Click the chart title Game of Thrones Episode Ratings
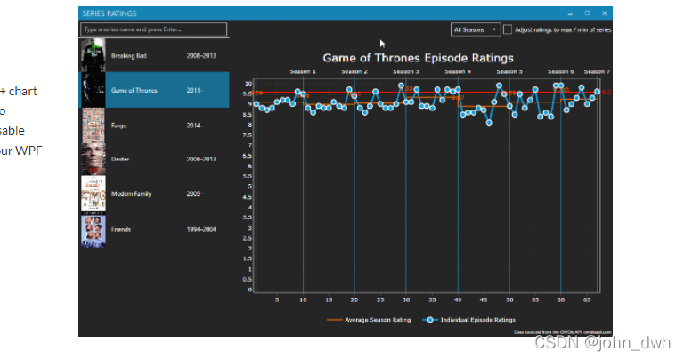coord(418,58)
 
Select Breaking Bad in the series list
coord(130,55)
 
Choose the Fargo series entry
coord(121,125)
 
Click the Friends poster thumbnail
coord(93,229)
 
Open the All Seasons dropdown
coord(476,29)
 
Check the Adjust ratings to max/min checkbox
coord(508,29)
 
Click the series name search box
coord(154,29)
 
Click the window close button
coord(605,13)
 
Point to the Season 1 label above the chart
coord(303,71)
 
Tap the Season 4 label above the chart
coord(457,71)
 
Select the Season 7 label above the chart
coord(597,71)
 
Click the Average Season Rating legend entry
coord(370,319)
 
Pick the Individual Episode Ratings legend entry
coord(472,319)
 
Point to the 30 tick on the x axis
coord(406,300)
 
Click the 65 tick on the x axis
coord(587,300)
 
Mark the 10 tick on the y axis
coord(249,83)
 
